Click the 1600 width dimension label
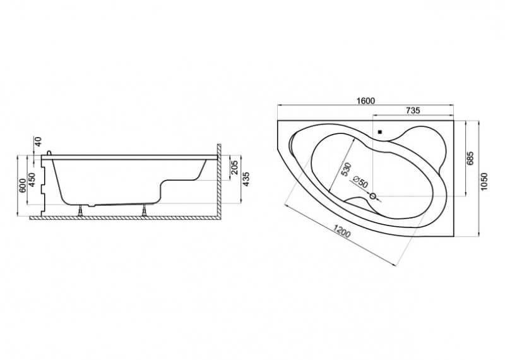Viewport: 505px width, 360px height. [365, 101]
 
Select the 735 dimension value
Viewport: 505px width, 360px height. [413, 111]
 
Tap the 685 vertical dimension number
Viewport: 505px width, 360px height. [470, 159]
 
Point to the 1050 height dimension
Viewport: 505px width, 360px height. [484, 182]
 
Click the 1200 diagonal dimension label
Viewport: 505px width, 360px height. [342, 231]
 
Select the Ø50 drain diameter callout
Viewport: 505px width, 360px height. [360, 183]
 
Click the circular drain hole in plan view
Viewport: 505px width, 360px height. [373, 196]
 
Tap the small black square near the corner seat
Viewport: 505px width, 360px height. [380, 132]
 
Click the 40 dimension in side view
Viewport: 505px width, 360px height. [38, 141]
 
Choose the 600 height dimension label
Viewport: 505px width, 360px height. [22, 186]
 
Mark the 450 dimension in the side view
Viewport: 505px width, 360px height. [32, 179]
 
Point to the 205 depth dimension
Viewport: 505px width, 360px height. [235, 167]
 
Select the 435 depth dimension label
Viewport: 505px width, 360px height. [246, 179]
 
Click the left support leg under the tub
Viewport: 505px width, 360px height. [81, 210]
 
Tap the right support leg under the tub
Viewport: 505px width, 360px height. [145, 210]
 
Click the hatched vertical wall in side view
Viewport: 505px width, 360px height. [218, 181]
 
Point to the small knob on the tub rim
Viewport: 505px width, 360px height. [49, 152]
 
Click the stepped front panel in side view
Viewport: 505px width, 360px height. [44, 186]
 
